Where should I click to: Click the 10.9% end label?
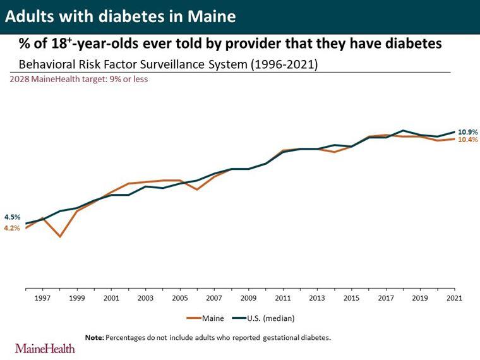pos(467,131)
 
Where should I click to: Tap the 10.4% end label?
pos(467,140)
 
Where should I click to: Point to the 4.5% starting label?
pos(12,217)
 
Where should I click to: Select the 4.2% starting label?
pos(12,228)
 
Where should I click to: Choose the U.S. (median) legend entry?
pos(269,318)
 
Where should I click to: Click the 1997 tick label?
pos(42,297)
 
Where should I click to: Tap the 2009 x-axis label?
pos(248,297)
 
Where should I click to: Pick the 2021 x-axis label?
pos(454,297)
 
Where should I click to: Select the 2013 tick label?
pos(317,297)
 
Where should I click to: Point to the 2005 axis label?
pos(180,297)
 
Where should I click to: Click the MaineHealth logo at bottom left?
pos(45,348)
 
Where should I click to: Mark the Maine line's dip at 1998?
pos(60,237)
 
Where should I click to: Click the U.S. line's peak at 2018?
pos(403,131)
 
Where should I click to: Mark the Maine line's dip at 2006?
pos(197,189)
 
